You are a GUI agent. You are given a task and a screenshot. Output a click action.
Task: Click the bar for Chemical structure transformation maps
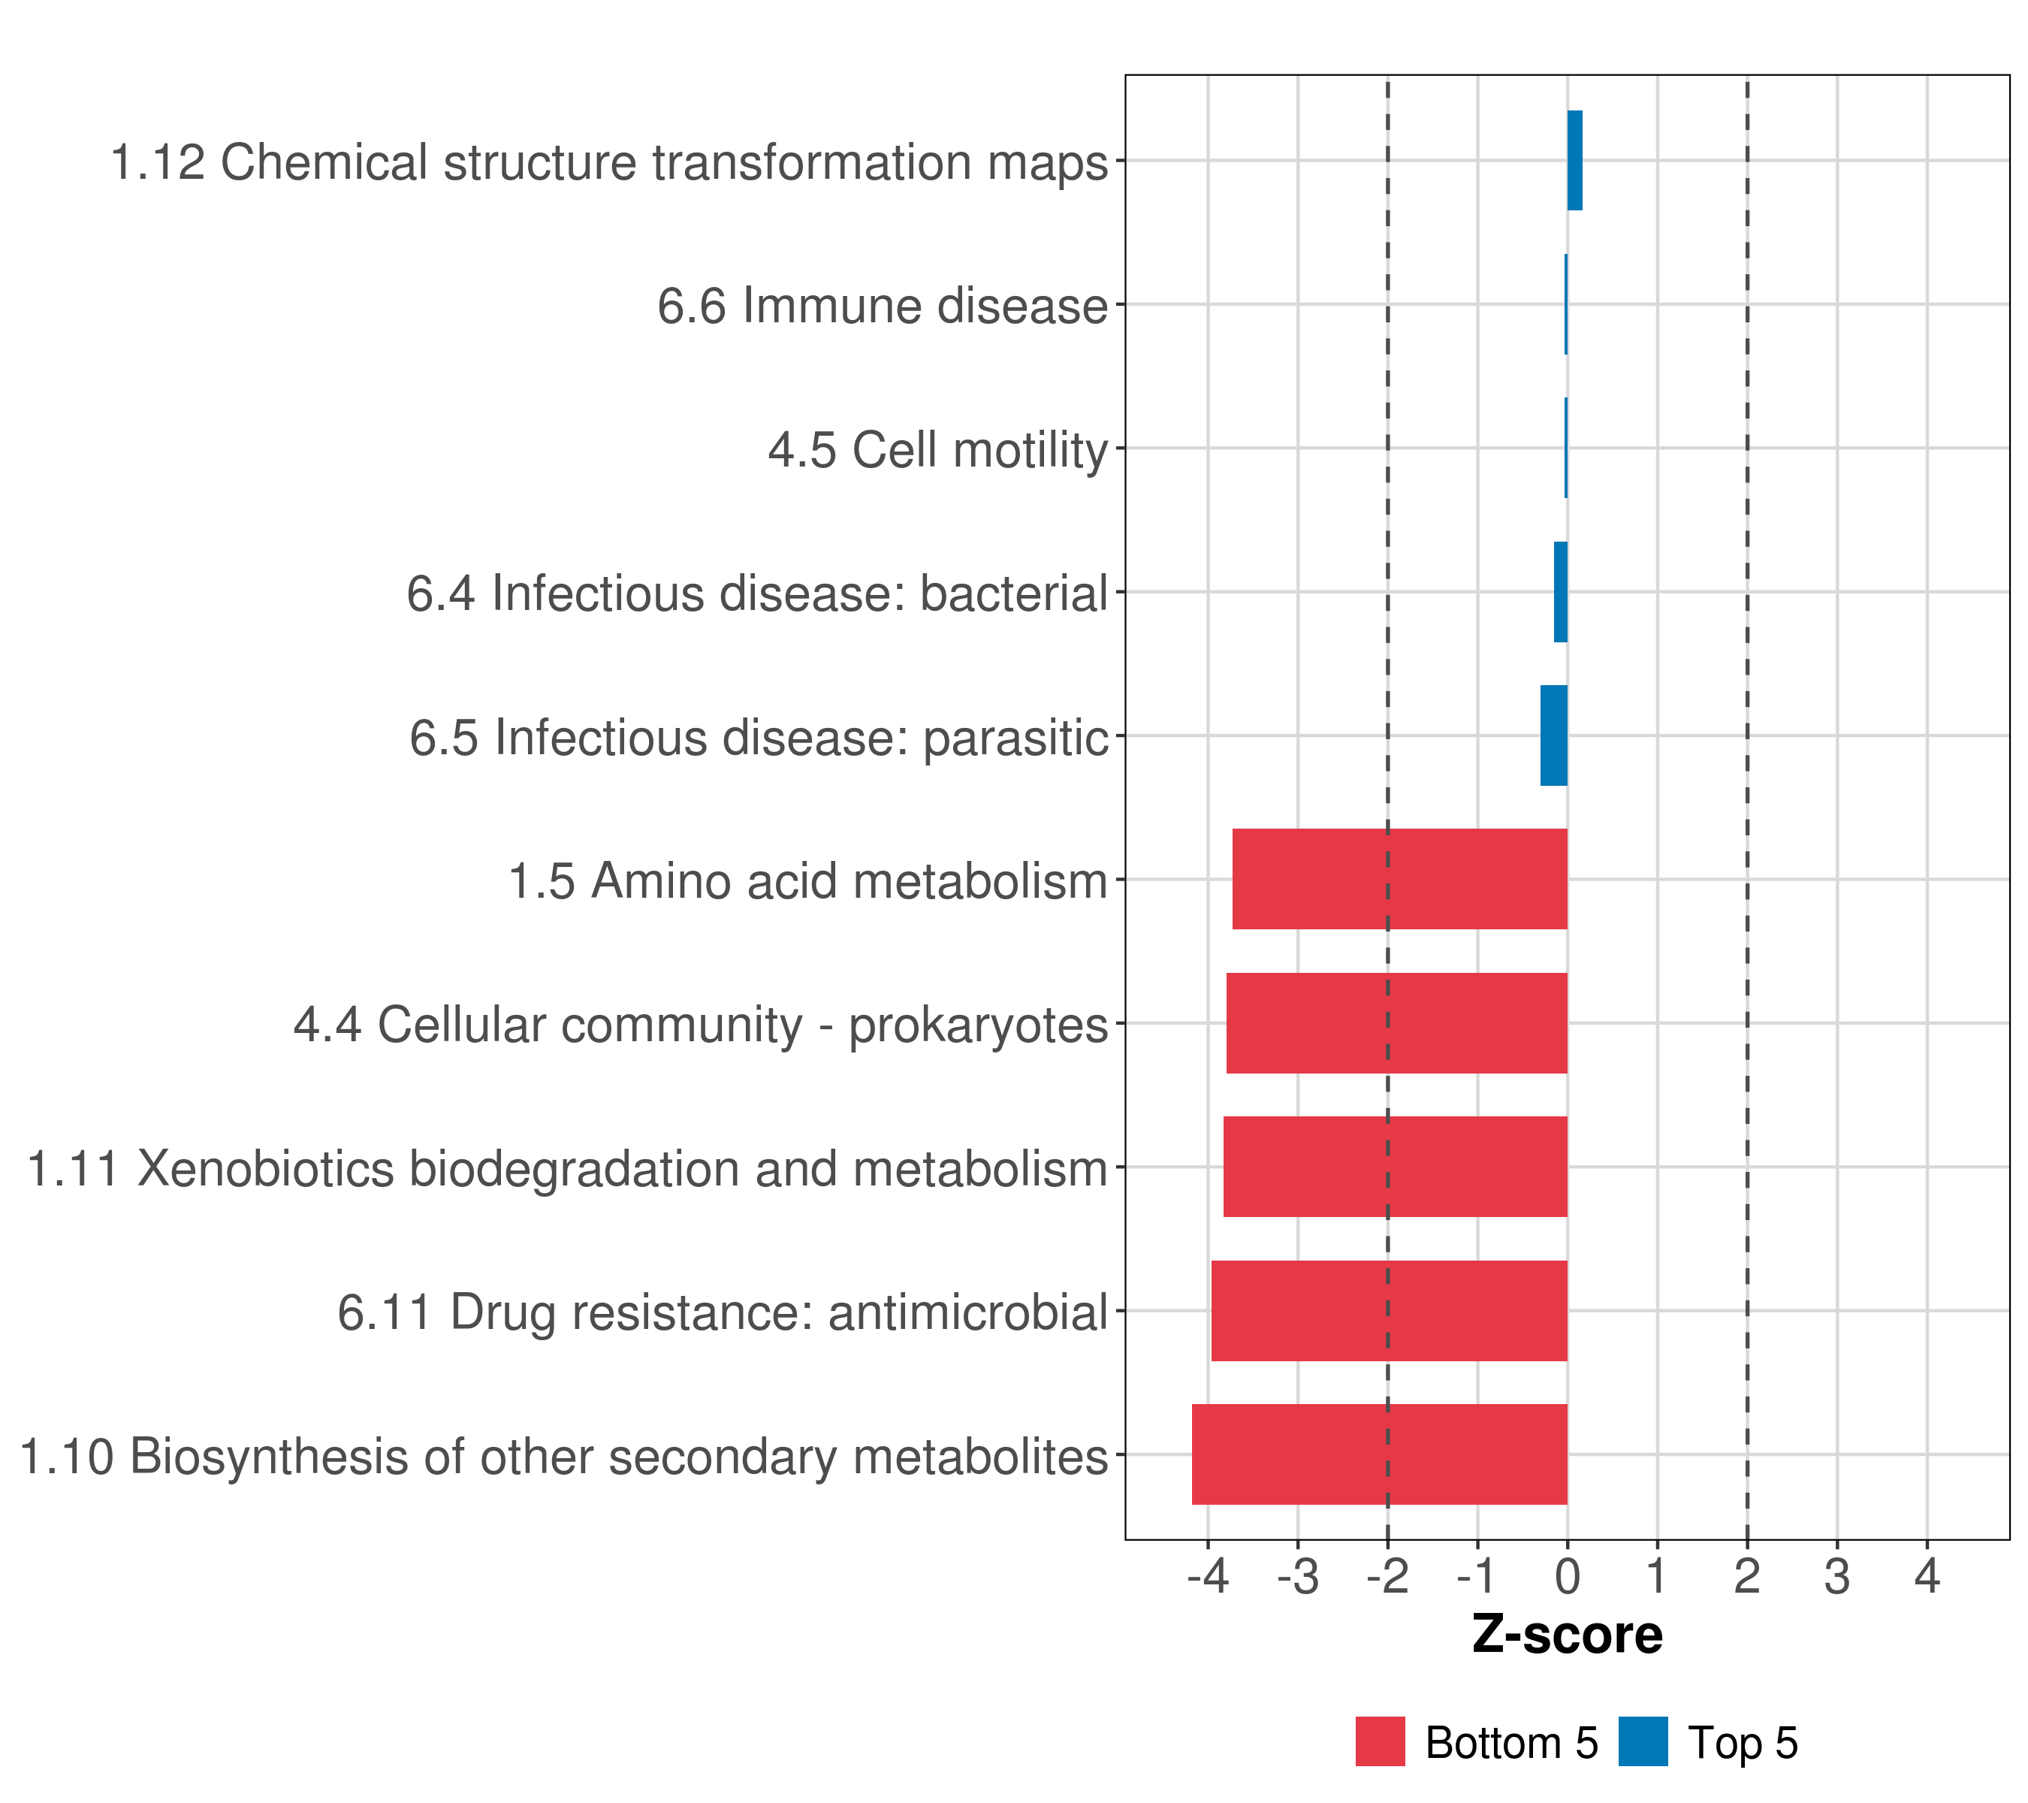(1574, 161)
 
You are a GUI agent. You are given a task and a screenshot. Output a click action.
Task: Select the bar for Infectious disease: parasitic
(1554, 735)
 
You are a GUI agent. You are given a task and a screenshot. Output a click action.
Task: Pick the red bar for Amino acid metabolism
(1399, 879)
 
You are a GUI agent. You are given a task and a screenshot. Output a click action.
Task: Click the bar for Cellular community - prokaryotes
(1396, 1023)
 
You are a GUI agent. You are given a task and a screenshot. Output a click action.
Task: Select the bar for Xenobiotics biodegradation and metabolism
(1395, 1167)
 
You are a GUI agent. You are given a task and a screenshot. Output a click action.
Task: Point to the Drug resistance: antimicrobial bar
(1389, 1311)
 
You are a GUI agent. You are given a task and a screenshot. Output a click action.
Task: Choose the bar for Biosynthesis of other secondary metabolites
(1379, 1454)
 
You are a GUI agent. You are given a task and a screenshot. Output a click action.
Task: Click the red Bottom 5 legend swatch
(1380, 1741)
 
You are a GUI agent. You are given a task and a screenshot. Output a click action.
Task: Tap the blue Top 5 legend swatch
(1643, 1741)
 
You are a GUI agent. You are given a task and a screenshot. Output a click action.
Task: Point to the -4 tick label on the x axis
(1208, 1576)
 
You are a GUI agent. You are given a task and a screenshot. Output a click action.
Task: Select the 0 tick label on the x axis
(1568, 1576)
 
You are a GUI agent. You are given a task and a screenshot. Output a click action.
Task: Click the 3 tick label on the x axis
(1836, 1576)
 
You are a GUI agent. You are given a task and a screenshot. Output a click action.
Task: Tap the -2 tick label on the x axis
(1387, 1576)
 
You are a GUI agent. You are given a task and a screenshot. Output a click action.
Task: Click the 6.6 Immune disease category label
(882, 306)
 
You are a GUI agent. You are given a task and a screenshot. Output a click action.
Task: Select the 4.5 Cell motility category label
(937, 449)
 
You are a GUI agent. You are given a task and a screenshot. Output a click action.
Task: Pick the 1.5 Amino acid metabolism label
(807, 881)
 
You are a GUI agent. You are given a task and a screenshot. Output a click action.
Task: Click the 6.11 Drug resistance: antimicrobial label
(723, 1312)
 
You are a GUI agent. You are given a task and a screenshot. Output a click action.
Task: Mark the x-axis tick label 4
(1927, 1576)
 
